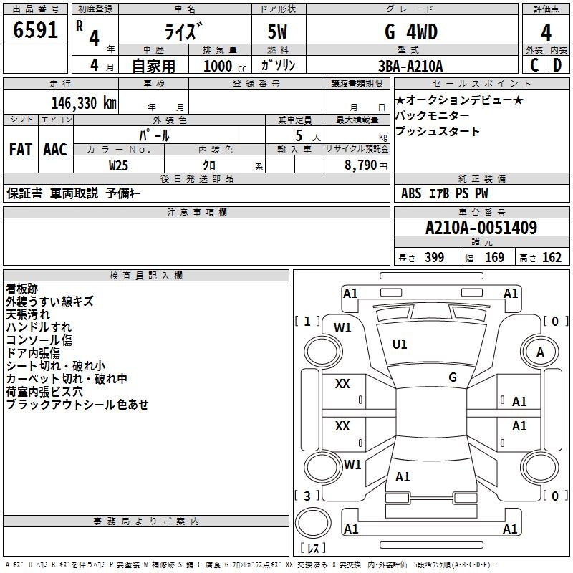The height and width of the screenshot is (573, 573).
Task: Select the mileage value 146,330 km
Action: point(83,102)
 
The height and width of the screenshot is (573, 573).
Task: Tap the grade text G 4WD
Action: point(410,32)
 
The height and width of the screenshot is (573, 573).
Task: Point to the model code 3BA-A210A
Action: point(410,66)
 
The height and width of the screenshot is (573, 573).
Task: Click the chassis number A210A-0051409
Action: point(481,228)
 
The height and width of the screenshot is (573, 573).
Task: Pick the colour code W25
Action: point(119,165)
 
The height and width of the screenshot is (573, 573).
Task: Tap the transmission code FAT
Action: point(20,149)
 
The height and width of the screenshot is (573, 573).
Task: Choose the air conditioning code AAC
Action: point(55,149)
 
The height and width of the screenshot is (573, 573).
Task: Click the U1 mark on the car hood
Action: point(400,345)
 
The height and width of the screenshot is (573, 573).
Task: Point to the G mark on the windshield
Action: point(453,377)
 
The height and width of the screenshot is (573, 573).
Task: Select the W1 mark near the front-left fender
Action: point(343,327)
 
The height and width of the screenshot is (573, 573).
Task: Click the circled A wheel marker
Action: point(540,352)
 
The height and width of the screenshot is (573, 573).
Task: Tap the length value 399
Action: point(434,258)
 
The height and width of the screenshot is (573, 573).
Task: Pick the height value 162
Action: point(552,258)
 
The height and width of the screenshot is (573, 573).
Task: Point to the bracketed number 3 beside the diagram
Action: point(307,496)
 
